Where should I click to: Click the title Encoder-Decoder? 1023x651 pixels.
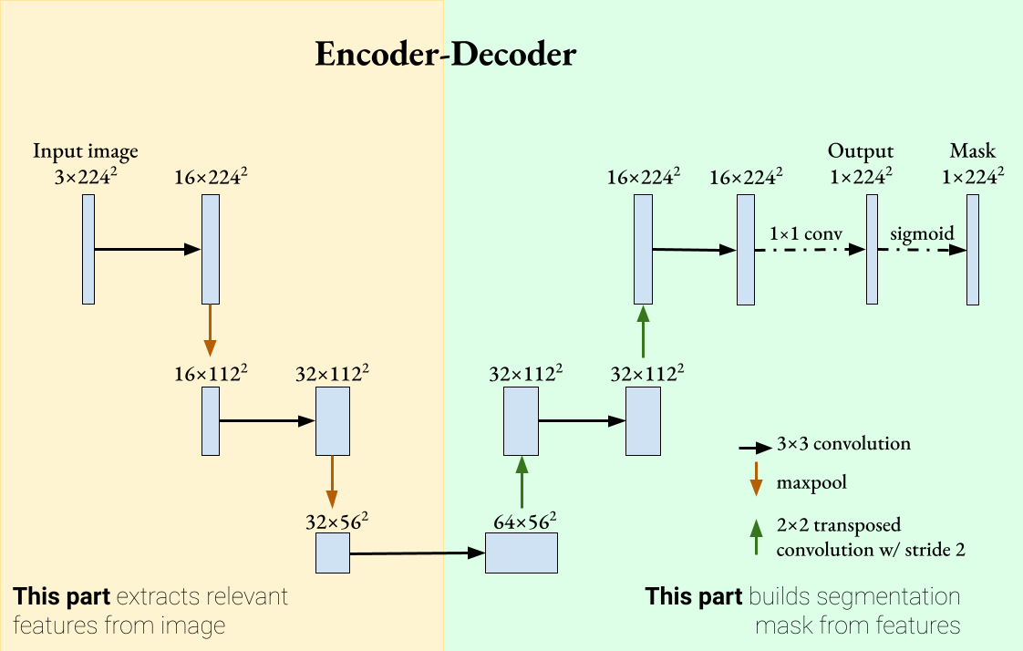445,55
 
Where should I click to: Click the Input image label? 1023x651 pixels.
86,151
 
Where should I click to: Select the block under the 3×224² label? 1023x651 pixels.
88,249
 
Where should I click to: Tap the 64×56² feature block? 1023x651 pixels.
521,553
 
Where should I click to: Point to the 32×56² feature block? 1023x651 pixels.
333,553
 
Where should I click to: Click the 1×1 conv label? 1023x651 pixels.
792,233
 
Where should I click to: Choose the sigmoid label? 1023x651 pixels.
922,233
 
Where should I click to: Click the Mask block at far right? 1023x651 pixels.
973,249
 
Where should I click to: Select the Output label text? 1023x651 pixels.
861,151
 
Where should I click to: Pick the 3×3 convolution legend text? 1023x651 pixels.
843,445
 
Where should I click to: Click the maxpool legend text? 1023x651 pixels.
811,482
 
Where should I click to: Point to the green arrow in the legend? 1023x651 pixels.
755,537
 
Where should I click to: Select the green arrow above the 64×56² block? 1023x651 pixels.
522,482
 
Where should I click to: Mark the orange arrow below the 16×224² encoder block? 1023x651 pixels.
211,330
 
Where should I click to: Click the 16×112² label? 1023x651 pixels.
211,374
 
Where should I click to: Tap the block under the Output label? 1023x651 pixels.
873,249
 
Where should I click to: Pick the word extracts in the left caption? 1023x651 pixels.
153,598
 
